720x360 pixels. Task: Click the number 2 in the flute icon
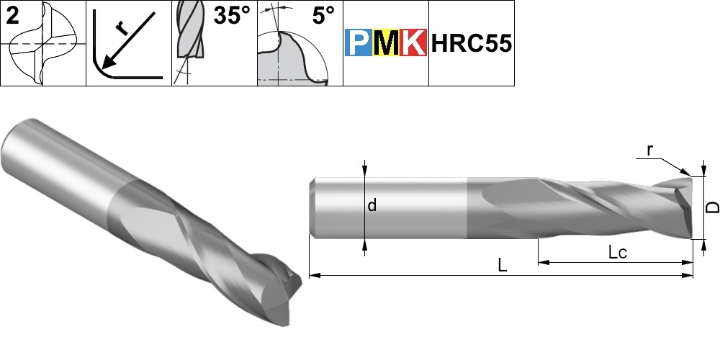pos(12,16)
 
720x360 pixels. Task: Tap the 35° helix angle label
pos(232,16)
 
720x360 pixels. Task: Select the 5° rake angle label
pos(324,16)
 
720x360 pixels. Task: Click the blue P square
pos(359,42)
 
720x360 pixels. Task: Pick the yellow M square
pos(386,42)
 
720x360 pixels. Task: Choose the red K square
pos(413,42)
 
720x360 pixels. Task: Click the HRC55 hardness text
pos(471,44)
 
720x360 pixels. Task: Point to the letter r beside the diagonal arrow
pos(121,29)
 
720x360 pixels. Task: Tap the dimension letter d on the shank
pos(372,205)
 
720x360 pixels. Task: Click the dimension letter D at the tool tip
pos(712,207)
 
